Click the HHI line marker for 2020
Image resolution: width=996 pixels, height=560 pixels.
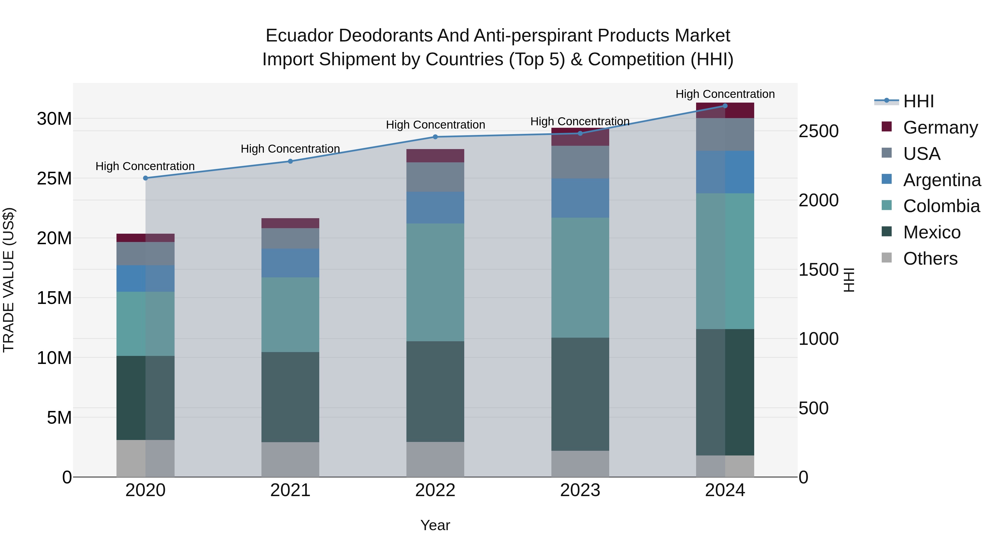pyautogui.click(x=145, y=178)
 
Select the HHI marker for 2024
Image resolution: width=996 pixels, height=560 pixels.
pyautogui.click(x=725, y=106)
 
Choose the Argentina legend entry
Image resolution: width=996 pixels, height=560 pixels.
pyautogui.click(x=941, y=180)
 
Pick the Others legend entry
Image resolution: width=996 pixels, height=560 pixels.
pyautogui.click(x=930, y=259)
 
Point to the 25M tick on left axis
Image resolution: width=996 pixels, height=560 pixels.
pyautogui.click(x=54, y=179)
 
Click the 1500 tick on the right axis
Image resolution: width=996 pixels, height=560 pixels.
pyautogui.click(x=818, y=270)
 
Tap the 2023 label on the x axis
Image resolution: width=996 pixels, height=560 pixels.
pyautogui.click(x=580, y=490)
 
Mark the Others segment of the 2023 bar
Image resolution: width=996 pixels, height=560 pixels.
pyautogui.click(x=580, y=463)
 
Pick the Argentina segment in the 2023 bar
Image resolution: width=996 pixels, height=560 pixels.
pyautogui.click(x=580, y=198)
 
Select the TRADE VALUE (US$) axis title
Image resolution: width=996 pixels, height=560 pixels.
pyautogui.click(x=9, y=280)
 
